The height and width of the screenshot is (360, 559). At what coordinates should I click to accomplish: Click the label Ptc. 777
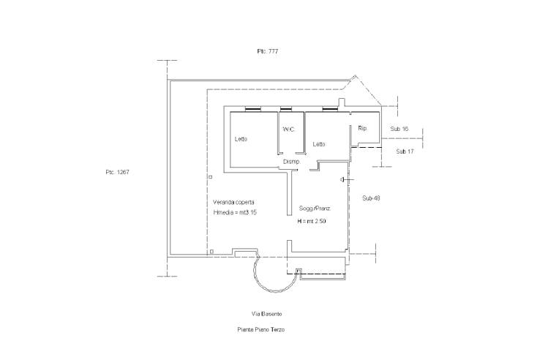[x=267, y=51]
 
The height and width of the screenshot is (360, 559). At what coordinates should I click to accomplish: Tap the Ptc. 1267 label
[x=117, y=172]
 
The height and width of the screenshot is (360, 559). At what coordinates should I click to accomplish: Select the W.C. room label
[x=289, y=129]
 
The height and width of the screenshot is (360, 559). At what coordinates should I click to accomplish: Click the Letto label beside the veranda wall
[x=241, y=139]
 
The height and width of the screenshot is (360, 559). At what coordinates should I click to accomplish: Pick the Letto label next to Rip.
[x=319, y=144]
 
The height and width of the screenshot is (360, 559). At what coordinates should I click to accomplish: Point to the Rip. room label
[x=363, y=128]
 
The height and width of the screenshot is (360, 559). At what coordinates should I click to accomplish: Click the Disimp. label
[x=292, y=162]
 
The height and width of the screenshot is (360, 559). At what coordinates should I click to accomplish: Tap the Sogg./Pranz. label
[x=315, y=209]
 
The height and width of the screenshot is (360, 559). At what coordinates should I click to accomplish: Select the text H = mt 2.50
[x=312, y=222]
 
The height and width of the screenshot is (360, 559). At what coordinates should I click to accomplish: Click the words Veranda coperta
[x=234, y=202]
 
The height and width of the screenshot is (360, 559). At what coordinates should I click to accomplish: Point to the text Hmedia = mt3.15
[x=235, y=212]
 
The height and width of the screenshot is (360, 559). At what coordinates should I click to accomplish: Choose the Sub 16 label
[x=399, y=129]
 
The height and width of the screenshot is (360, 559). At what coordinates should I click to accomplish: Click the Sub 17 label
[x=405, y=151]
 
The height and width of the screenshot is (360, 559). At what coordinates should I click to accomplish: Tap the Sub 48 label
[x=371, y=198]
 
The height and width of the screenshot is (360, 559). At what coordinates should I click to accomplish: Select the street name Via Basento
[x=266, y=314]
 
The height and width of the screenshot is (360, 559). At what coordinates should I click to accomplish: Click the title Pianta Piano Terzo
[x=261, y=330]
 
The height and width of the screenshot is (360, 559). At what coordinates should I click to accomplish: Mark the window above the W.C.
[x=286, y=109]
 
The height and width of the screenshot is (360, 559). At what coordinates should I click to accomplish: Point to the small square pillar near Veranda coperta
[x=211, y=177]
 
